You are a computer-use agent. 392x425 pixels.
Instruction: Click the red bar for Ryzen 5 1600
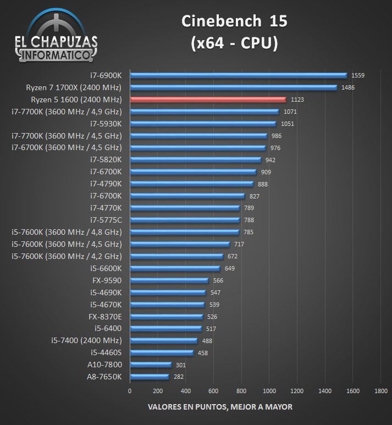[x=208, y=100]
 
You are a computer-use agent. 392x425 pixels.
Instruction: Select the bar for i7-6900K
[x=238, y=75]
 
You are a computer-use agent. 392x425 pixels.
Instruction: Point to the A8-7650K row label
[x=104, y=377]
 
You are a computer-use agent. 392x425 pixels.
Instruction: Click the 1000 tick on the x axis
[x=269, y=391]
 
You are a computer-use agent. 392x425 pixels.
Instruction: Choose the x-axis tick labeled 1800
[x=380, y=391]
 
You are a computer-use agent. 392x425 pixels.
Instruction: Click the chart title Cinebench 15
[x=234, y=21]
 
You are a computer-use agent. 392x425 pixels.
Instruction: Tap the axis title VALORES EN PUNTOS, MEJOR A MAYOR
[x=220, y=407]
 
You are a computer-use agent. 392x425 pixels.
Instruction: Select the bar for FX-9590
[x=169, y=280]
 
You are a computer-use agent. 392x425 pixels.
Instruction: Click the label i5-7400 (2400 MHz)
[x=86, y=340]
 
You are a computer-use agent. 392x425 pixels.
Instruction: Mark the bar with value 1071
[x=204, y=112]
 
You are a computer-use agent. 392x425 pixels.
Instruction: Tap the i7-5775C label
[x=106, y=220]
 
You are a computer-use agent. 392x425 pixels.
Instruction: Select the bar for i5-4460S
[x=162, y=352]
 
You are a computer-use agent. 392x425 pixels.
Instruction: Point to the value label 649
[x=229, y=268]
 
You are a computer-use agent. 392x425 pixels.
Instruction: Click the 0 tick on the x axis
[x=130, y=391]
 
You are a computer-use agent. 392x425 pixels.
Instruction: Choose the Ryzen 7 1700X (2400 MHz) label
[x=74, y=87]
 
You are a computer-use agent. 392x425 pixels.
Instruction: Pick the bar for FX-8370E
[x=166, y=316]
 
